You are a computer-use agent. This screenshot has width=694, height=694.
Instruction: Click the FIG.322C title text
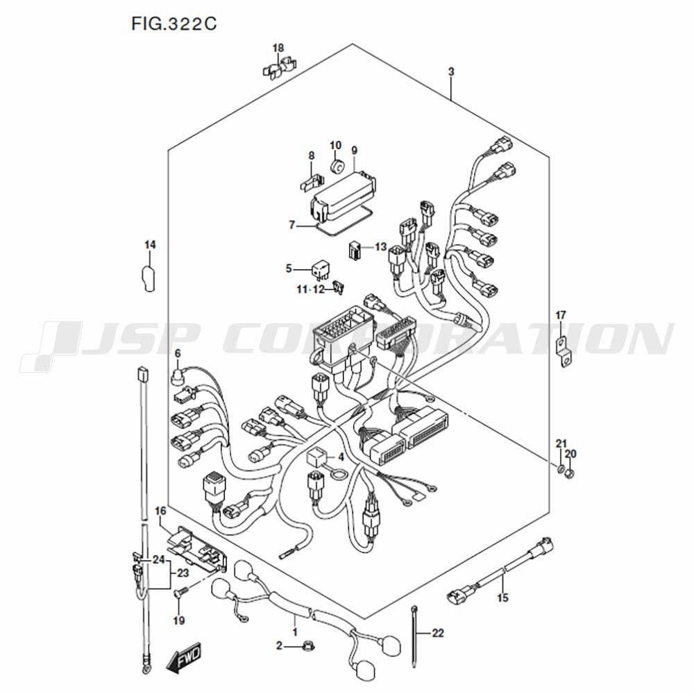pyautogui.click(x=174, y=24)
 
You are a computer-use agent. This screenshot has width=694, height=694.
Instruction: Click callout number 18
pyautogui.click(x=278, y=48)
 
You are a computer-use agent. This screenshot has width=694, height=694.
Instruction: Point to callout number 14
pyautogui.click(x=150, y=245)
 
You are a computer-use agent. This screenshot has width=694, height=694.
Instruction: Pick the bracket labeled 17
pyautogui.click(x=564, y=353)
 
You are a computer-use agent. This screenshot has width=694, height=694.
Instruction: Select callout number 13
pyautogui.click(x=380, y=246)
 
